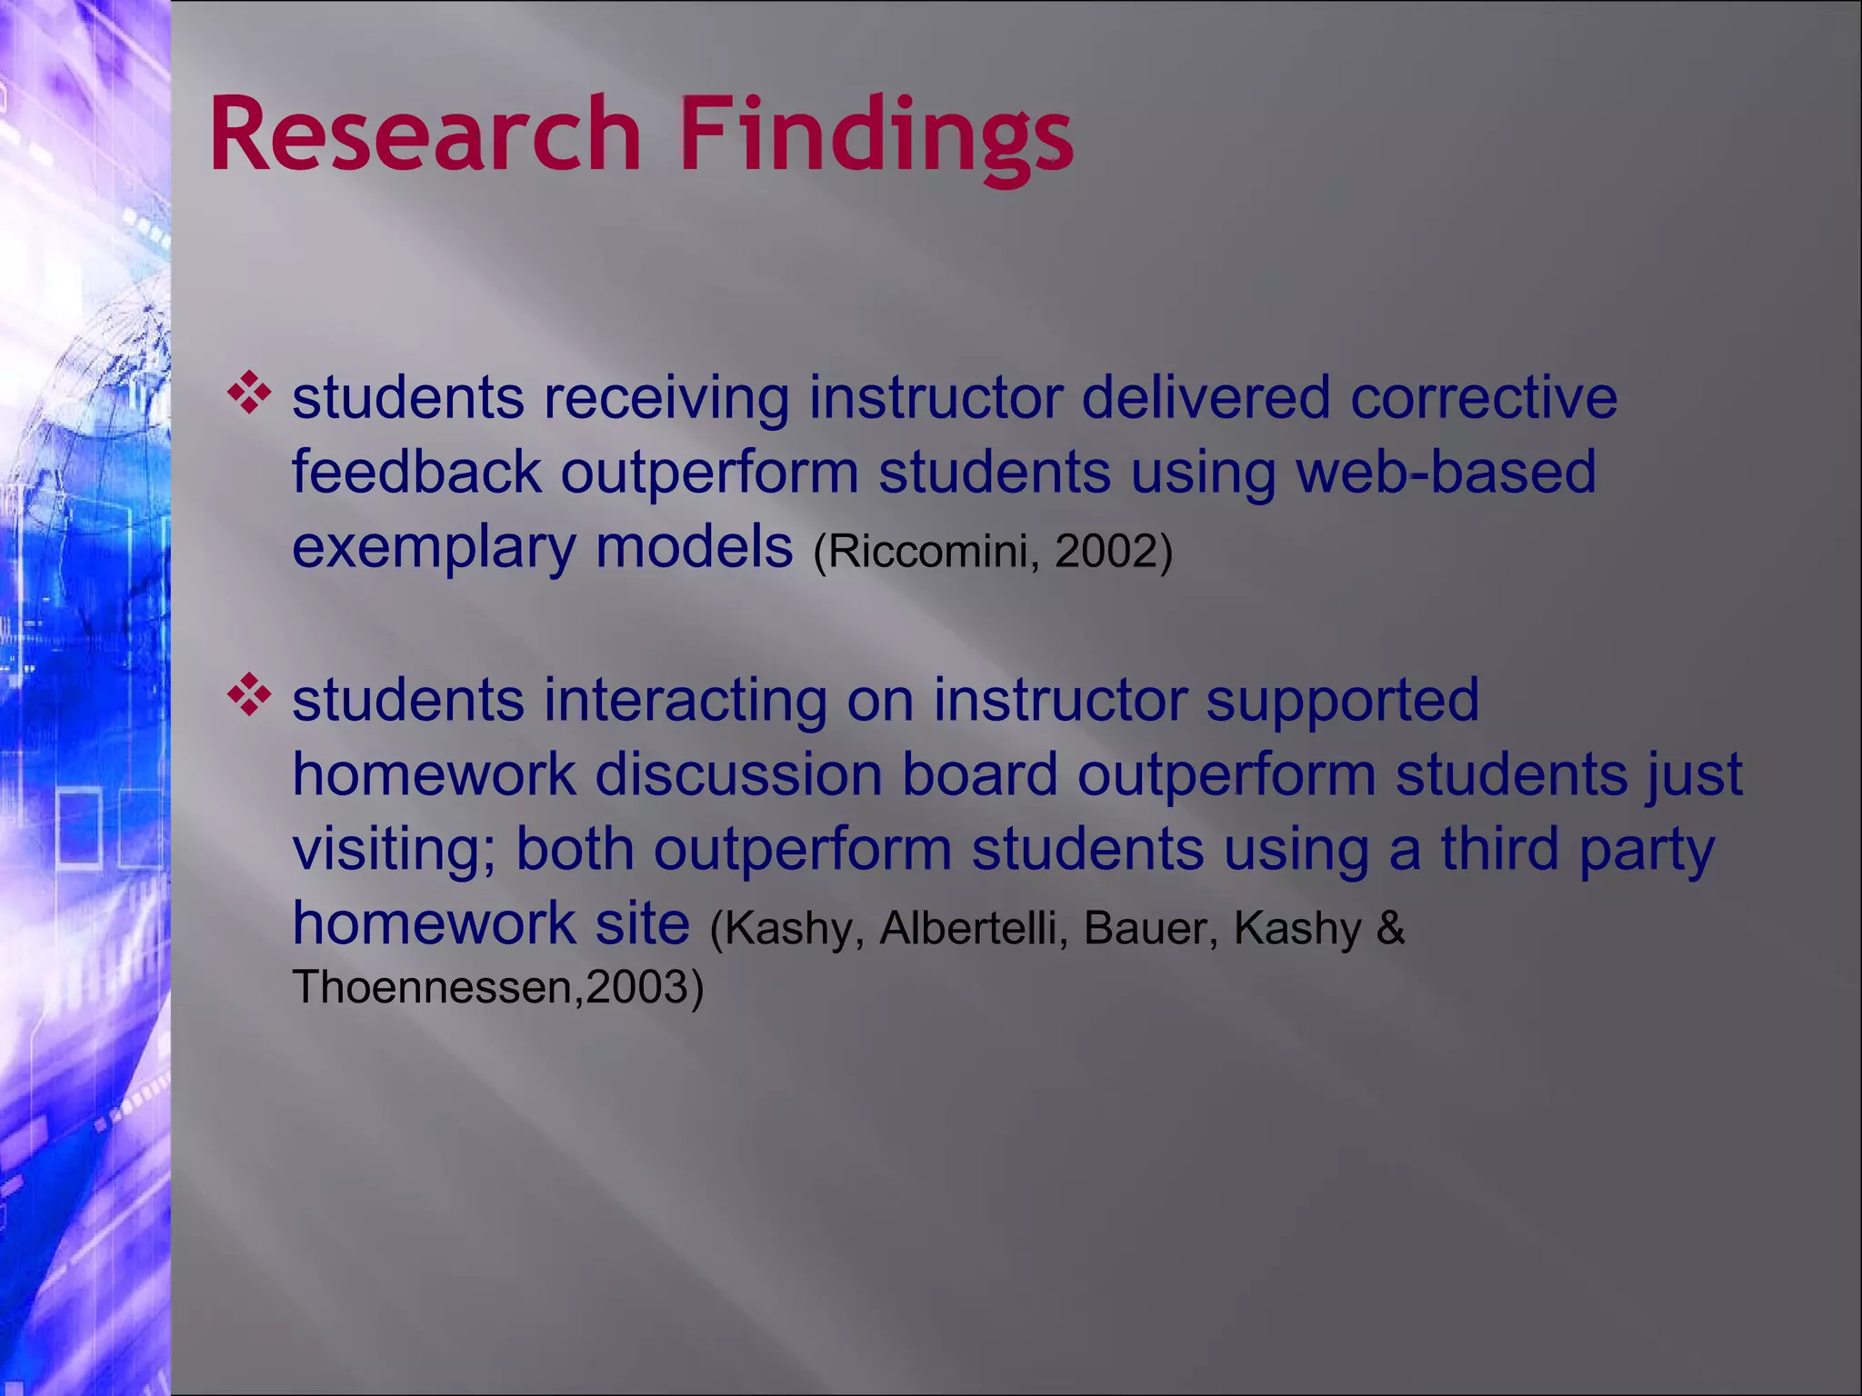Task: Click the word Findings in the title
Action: click(876, 136)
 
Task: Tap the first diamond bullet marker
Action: click(249, 394)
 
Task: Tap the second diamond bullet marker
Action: click(249, 696)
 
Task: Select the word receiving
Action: click(666, 400)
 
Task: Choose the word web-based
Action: click(1446, 472)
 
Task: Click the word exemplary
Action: click(434, 549)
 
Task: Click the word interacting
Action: click(686, 700)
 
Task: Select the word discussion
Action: click(738, 774)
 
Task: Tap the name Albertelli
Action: click(971, 928)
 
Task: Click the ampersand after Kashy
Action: click(1390, 928)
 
